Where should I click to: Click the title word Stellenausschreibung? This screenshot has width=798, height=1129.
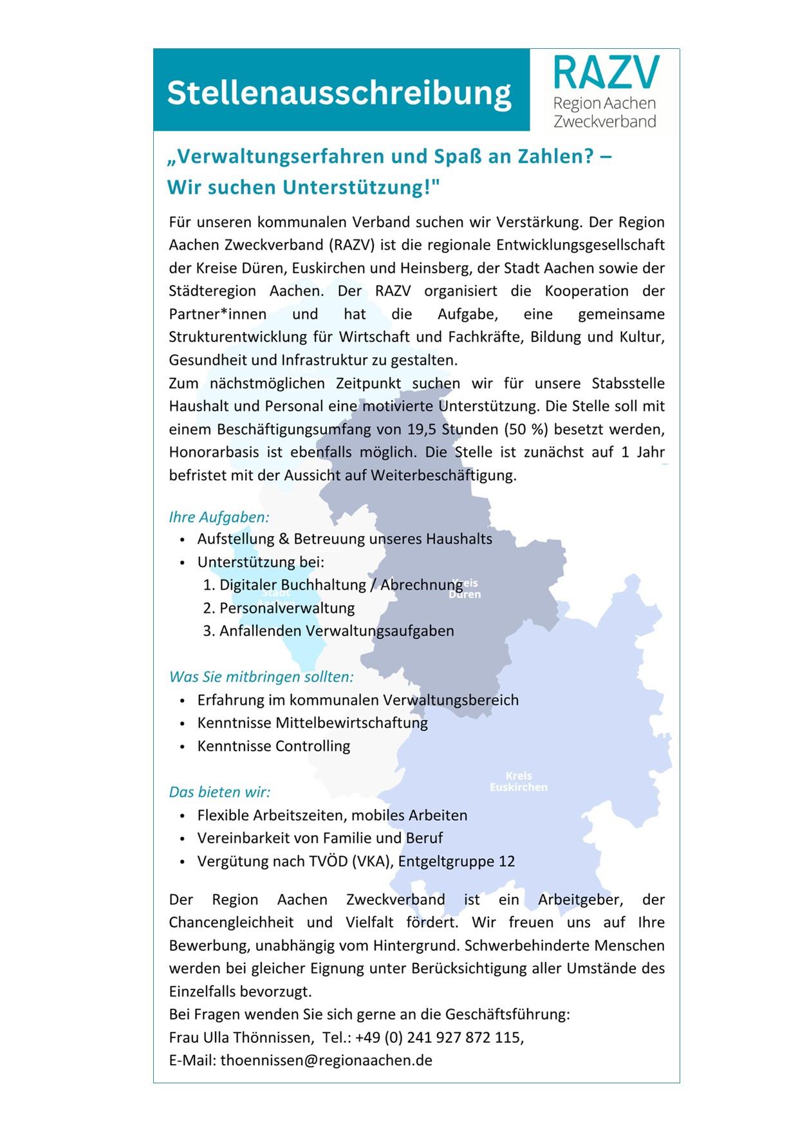pos(339,93)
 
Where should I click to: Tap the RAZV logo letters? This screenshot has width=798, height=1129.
pos(606,72)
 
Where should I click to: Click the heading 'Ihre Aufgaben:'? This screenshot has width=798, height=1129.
pos(219,517)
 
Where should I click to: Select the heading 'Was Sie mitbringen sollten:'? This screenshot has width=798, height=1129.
pos(261,676)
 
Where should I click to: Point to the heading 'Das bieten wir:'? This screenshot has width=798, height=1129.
pos(219,792)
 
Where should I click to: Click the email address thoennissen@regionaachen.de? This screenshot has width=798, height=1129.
pos(326,1060)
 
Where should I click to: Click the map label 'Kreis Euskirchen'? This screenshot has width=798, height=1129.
pos(519,781)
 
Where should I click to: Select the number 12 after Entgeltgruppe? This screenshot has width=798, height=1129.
pos(506,861)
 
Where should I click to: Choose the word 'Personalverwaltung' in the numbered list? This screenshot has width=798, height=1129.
pos(287,608)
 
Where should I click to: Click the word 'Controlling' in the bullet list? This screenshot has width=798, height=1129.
pos(313,746)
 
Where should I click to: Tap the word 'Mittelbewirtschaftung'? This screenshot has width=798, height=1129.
pos(351,723)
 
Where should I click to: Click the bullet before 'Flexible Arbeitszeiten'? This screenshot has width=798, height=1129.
pos(183,816)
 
